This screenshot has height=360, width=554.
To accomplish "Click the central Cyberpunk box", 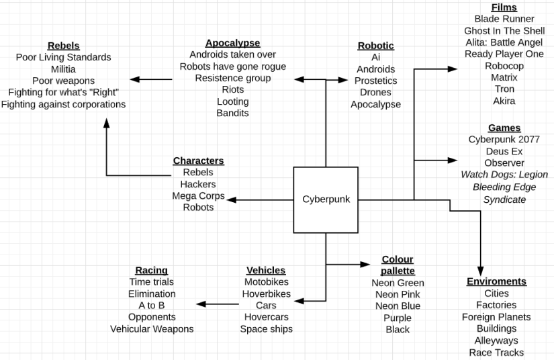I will point(326,199).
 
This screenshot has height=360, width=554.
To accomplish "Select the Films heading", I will point(504,7).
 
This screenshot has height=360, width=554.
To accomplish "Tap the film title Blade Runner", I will point(504,19).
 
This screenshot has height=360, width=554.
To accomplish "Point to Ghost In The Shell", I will point(504,31).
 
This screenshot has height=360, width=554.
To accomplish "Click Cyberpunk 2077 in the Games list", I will point(504,140).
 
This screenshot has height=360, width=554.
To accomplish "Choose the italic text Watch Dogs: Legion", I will point(504,175).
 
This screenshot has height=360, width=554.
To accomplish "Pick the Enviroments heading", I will point(496,281).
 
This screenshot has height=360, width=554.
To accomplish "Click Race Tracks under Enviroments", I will point(496,352).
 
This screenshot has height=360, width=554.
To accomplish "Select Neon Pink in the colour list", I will point(398,294).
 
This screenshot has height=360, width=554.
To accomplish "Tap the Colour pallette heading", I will point(398,265).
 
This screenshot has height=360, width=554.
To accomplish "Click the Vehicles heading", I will point(266,270).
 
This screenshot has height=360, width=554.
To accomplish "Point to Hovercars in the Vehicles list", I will point(266,317).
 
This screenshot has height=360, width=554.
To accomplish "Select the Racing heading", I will point(151,270).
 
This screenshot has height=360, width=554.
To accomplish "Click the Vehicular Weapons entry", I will point(152,328).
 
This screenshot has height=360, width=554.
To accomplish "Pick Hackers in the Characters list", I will point(198,184).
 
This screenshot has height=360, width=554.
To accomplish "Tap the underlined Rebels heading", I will point(63,46).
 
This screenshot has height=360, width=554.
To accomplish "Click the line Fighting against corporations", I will point(63,104).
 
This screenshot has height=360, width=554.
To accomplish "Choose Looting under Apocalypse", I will point(232,101).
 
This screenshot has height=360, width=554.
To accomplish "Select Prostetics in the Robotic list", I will point(375,81).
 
